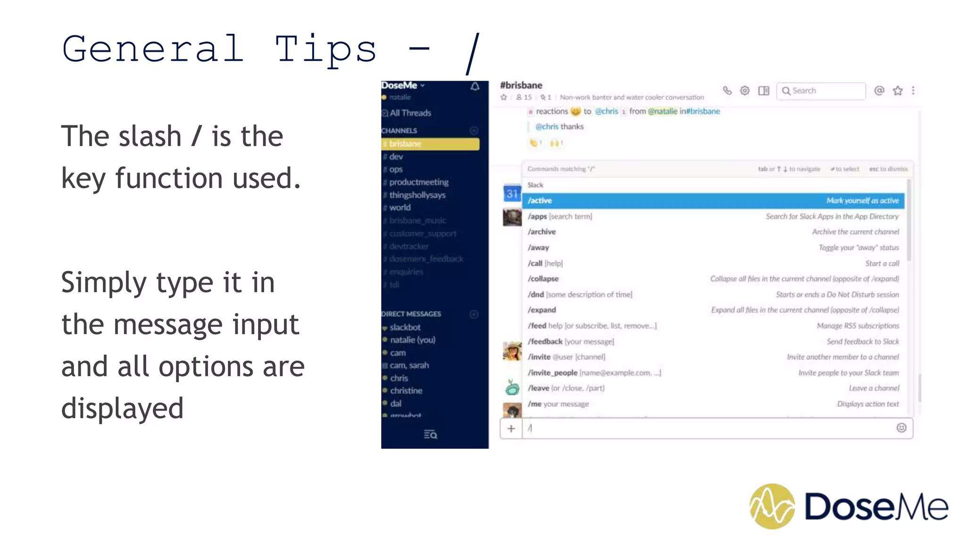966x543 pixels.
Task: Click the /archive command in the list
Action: pos(542,232)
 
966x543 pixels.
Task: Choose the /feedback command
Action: pos(545,341)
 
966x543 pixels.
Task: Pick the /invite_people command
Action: pos(552,373)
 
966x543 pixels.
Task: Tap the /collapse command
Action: pos(543,279)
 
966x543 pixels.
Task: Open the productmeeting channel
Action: pos(418,182)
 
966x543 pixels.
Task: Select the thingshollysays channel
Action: pos(417,195)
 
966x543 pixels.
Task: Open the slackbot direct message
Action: pos(405,327)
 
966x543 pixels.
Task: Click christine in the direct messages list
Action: pos(406,391)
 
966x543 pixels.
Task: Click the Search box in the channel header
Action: pos(821,90)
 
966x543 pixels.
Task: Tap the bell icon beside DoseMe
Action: pos(475,86)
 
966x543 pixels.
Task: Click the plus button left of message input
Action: pos(511,428)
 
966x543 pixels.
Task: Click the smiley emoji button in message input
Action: pos(901,428)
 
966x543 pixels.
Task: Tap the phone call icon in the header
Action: pos(727,90)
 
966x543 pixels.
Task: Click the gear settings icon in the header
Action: pos(745,90)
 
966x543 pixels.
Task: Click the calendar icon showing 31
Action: pos(512,193)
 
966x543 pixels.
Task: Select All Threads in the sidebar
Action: pos(410,113)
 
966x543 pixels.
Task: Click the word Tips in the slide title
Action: pos(326,50)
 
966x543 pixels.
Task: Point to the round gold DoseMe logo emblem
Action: pos(772,506)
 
